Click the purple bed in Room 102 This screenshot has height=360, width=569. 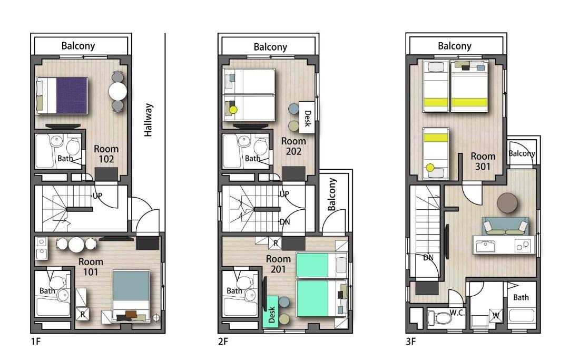(62, 95)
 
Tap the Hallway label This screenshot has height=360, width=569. (148, 120)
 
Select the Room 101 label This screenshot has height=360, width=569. (91, 267)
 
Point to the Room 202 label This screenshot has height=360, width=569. (293, 146)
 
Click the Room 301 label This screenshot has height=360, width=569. (483, 161)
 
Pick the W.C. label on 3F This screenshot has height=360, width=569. (457, 313)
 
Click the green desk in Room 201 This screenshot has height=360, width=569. (270, 312)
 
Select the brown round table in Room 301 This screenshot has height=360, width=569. (507, 203)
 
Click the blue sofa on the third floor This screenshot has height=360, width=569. (505, 226)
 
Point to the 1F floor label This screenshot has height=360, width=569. (36, 342)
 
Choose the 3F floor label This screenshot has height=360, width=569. (411, 342)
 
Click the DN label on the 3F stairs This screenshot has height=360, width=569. (428, 257)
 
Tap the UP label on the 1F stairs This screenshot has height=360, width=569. (97, 196)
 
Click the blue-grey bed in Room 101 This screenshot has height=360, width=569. (131, 295)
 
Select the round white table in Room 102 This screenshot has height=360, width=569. (117, 91)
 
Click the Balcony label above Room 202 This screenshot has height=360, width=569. (270, 47)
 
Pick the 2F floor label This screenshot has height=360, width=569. (223, 342)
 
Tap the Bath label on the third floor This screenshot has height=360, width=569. (521, 297)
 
